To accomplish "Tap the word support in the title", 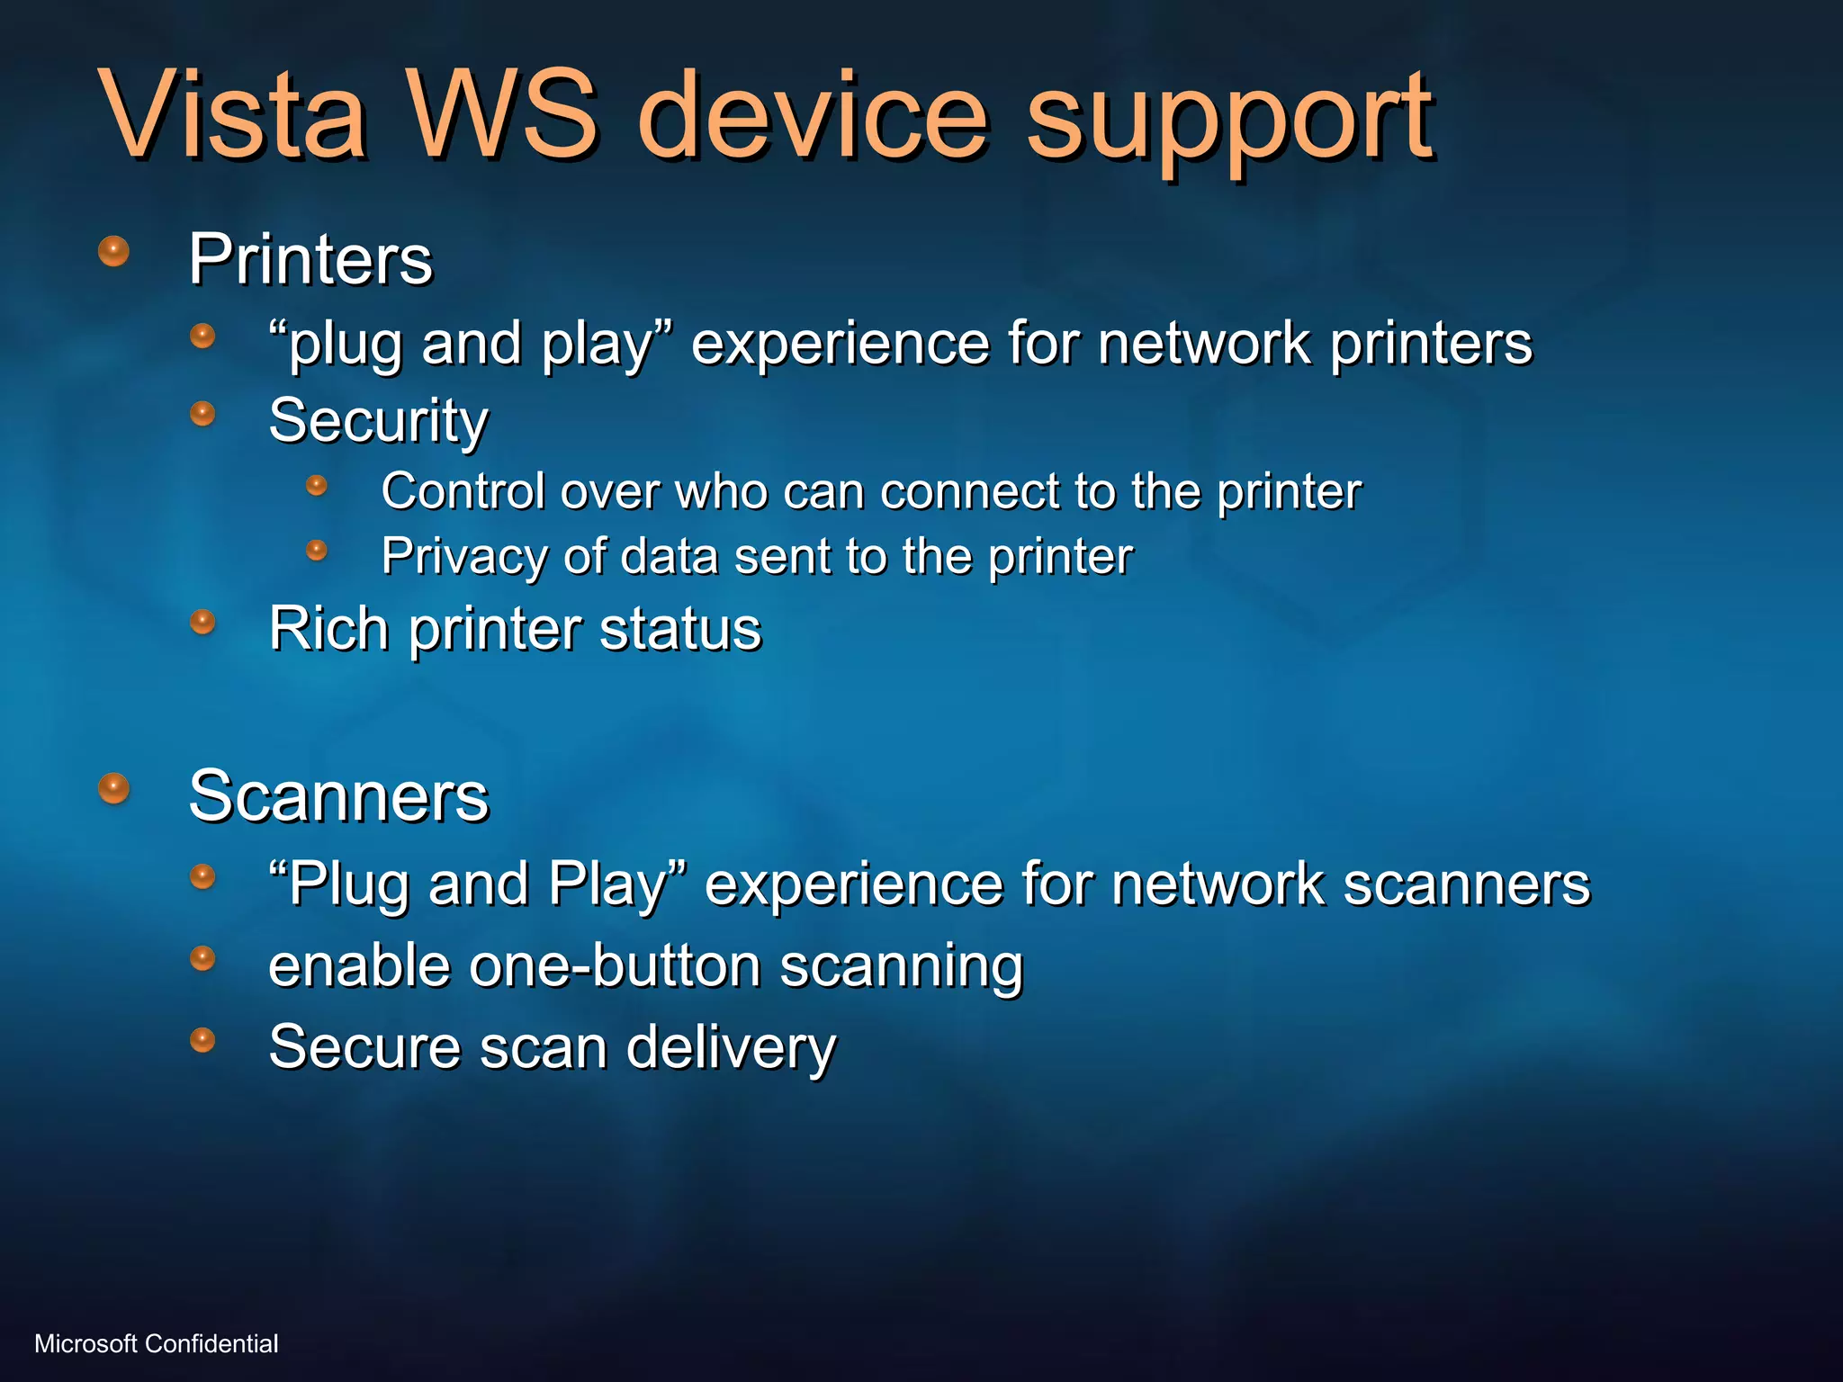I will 1229,121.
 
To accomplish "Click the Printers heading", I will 310,259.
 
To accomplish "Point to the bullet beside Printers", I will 113,251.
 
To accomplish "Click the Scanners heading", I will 338,796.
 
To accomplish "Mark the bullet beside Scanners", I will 113,788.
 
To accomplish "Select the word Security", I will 378,421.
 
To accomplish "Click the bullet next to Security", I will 203,413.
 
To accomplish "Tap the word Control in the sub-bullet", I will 463,491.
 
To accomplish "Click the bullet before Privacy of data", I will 317,550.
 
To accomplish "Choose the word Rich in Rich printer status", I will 328,628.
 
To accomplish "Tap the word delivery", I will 731,1048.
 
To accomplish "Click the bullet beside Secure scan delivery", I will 203,1040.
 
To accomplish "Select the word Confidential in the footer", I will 211,1343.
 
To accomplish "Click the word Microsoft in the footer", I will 86,1343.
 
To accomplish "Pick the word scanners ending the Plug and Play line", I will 1467,884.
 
